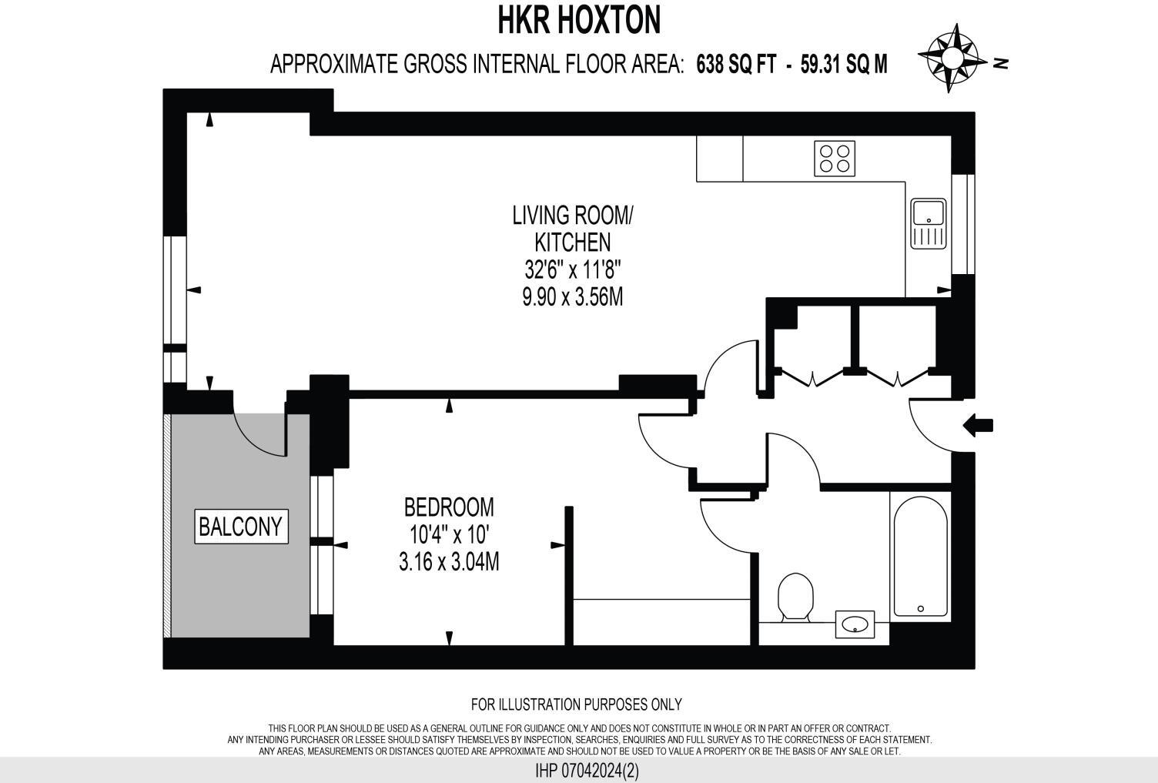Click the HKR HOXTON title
579,21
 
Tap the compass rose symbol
952,59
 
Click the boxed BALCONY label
241,527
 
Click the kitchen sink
929,224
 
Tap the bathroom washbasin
855,624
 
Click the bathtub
920,556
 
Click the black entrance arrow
979,425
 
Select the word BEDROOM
449,507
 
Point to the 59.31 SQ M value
844,65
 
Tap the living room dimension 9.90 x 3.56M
572,297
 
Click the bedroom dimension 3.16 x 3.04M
449,563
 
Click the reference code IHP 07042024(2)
587,770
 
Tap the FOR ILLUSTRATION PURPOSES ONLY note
576,704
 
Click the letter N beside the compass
1001,63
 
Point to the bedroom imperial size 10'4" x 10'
449,535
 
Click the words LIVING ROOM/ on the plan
572,215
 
